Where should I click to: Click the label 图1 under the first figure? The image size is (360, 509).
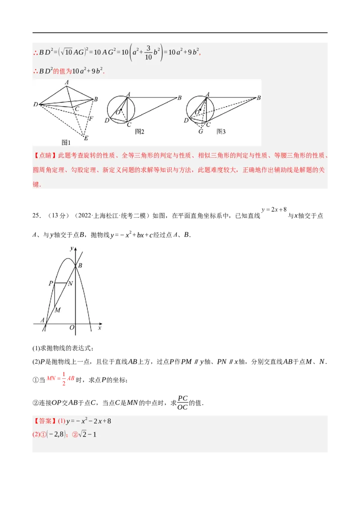(66, 143)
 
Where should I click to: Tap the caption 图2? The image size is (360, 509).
(139, 132)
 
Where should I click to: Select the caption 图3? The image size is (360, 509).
(220, 132)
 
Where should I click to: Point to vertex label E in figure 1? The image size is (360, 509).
(86, 138)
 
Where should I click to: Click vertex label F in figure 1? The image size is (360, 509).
(91, 119)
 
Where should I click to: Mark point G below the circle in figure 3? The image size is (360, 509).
(200, 131)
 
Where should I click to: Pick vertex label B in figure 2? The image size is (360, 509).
(179, 98)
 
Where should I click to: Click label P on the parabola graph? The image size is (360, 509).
(50, 283)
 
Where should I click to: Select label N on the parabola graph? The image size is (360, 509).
(70, 283)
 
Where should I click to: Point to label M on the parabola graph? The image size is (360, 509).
(57, 310)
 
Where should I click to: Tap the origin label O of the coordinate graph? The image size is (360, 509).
(72, 328)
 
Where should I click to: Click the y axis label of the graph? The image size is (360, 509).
(72, 248)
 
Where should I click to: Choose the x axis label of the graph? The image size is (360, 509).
(99, 328)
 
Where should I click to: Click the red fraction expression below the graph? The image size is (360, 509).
(61, 379)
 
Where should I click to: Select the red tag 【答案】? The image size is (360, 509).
(45, 421)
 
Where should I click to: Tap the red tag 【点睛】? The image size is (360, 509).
(45, 156)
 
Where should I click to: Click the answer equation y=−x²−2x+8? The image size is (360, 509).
(89, 421)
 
